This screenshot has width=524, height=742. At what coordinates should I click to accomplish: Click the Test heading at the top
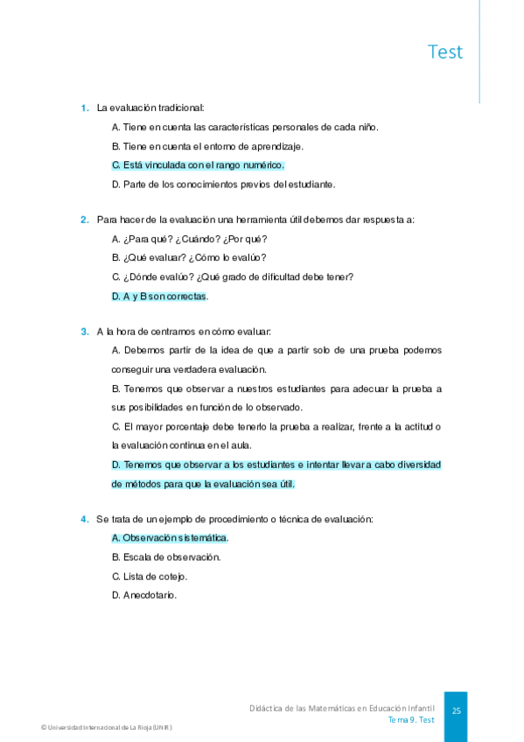(x=445, y=52)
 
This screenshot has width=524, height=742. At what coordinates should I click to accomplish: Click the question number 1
(x=85, y=108)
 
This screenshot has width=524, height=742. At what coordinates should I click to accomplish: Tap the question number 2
(x=85, y=220)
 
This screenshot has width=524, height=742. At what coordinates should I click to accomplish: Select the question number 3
(x=85, y=331)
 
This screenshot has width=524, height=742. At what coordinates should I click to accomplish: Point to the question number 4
(x=85, y=519)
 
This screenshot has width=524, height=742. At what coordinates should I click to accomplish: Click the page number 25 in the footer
(x=456, y=711)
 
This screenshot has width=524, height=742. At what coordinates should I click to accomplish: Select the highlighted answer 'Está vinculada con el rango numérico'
(x=199, y=164)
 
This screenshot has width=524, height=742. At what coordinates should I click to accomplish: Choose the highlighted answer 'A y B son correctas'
(x=159, y=296)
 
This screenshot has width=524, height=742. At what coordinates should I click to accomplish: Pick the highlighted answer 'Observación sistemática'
(x=170, y=537)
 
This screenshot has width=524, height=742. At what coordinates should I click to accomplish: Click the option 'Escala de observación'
(x=166, y=556)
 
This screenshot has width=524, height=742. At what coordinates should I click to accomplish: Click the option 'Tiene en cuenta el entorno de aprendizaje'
(x=207, y=146)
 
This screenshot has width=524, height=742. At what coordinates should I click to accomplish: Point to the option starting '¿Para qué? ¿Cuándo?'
(x=190, y=239)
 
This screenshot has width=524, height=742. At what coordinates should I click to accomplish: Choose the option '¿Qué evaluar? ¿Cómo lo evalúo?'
(x=189, y=258)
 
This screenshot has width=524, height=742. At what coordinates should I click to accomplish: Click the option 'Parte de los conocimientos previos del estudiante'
(x=224, y=184)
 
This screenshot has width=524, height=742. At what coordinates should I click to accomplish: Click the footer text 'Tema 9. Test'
(x=411, y=719)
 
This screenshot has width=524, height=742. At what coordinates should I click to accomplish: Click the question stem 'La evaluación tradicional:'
(x=150, y=108)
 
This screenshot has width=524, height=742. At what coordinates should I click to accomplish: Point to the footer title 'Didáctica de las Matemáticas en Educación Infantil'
(x=342, y=707)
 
